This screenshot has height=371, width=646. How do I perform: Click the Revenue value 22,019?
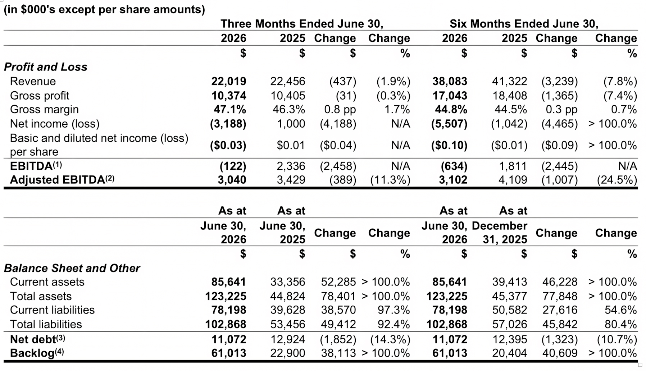tap(229, 82)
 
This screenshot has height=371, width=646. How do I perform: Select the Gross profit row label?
tap(40, 96)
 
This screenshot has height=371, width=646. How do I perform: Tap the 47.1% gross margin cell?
tap(231, 110)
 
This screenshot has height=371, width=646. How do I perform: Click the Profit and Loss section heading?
tap(46, 67)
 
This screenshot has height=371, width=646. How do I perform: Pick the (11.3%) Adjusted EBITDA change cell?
tap(390, 180)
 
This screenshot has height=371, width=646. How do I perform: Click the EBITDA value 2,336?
tap(291, 166)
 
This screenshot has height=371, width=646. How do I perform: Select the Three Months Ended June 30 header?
tap(302, 24)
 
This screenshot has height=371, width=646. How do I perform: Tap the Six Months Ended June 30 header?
tap(524, 24)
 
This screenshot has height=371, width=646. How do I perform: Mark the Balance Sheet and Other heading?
tap(72, 268)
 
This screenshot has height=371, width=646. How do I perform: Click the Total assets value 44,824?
tap(288, 296)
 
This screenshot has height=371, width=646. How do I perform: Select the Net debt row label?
tap(38, 339)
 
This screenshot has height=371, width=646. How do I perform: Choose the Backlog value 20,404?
tap(510, 353)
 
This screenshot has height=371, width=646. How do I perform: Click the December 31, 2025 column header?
tap(500, 233)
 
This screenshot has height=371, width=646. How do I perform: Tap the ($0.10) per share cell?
tap(450, 146)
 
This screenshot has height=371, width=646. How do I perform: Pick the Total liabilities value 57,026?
tap(510, 324)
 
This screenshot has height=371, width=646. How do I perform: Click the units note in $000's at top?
tap(104, 9)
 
